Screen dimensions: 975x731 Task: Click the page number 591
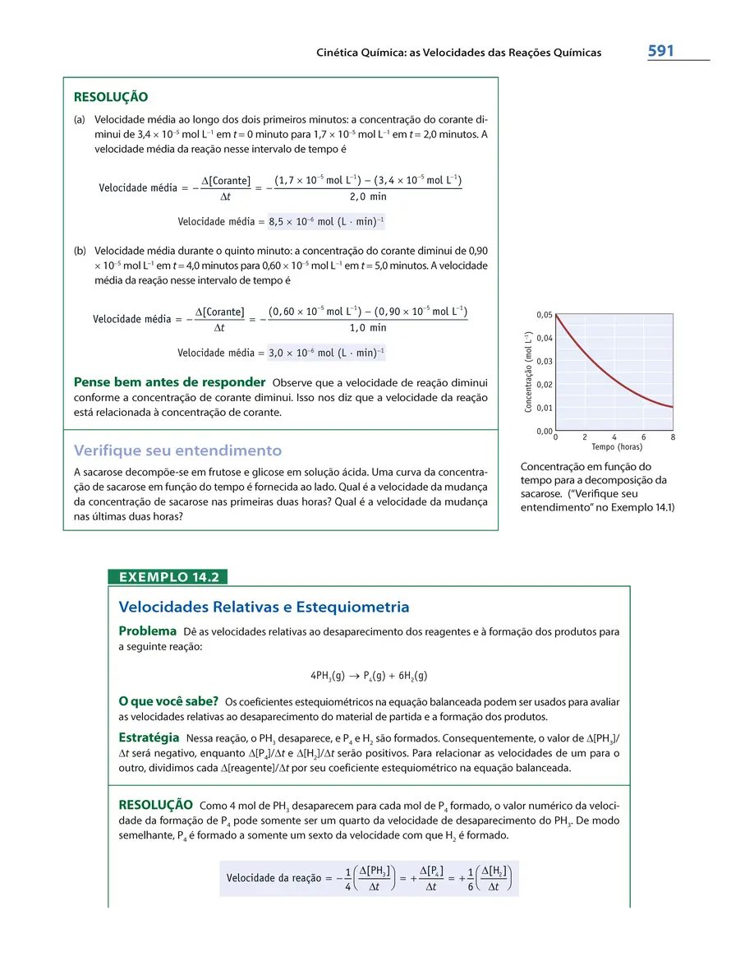pyautogui.click(x=660, y=51)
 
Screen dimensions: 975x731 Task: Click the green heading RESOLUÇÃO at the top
pyautogui.click(x=111, y=97)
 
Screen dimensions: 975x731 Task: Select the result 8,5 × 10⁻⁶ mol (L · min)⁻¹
pyautogui.click(x=326, y=221)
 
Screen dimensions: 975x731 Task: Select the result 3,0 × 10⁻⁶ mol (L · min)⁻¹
pyautogui.click(x=326, y=353)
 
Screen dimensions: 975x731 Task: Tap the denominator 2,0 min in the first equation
pyautogui.click(x=367, y=196)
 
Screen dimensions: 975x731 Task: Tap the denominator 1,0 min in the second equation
pyautogui.click(x=367, y=328)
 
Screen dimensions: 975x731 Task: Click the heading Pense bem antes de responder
pyautogui.click(x=169, y=382)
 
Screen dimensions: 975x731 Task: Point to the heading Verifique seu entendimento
pyautogui.click(x=177, y=451)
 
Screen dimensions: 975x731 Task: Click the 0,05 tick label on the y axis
pyautogui.click(x=545, y=315)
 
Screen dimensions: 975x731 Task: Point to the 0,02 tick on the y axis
pyautogui.click(x=545, y=385)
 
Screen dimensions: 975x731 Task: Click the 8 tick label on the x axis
pyautogui.click(x=673, y=437)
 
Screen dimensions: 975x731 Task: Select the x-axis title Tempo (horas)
pyautogui.click(x=617, y=447)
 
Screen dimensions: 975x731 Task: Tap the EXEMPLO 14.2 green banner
pyautogui.click(x=168, y=577)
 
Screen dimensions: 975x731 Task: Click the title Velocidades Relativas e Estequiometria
pyautogui.click(x=264, y=608)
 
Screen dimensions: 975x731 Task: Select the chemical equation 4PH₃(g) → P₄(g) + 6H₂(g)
pyautogui.click(x=369, y=675)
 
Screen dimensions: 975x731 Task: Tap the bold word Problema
pyautogui.click(x=148, y=631)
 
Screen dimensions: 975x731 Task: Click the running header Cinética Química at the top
pyautogui.click(x=458, y=53)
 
